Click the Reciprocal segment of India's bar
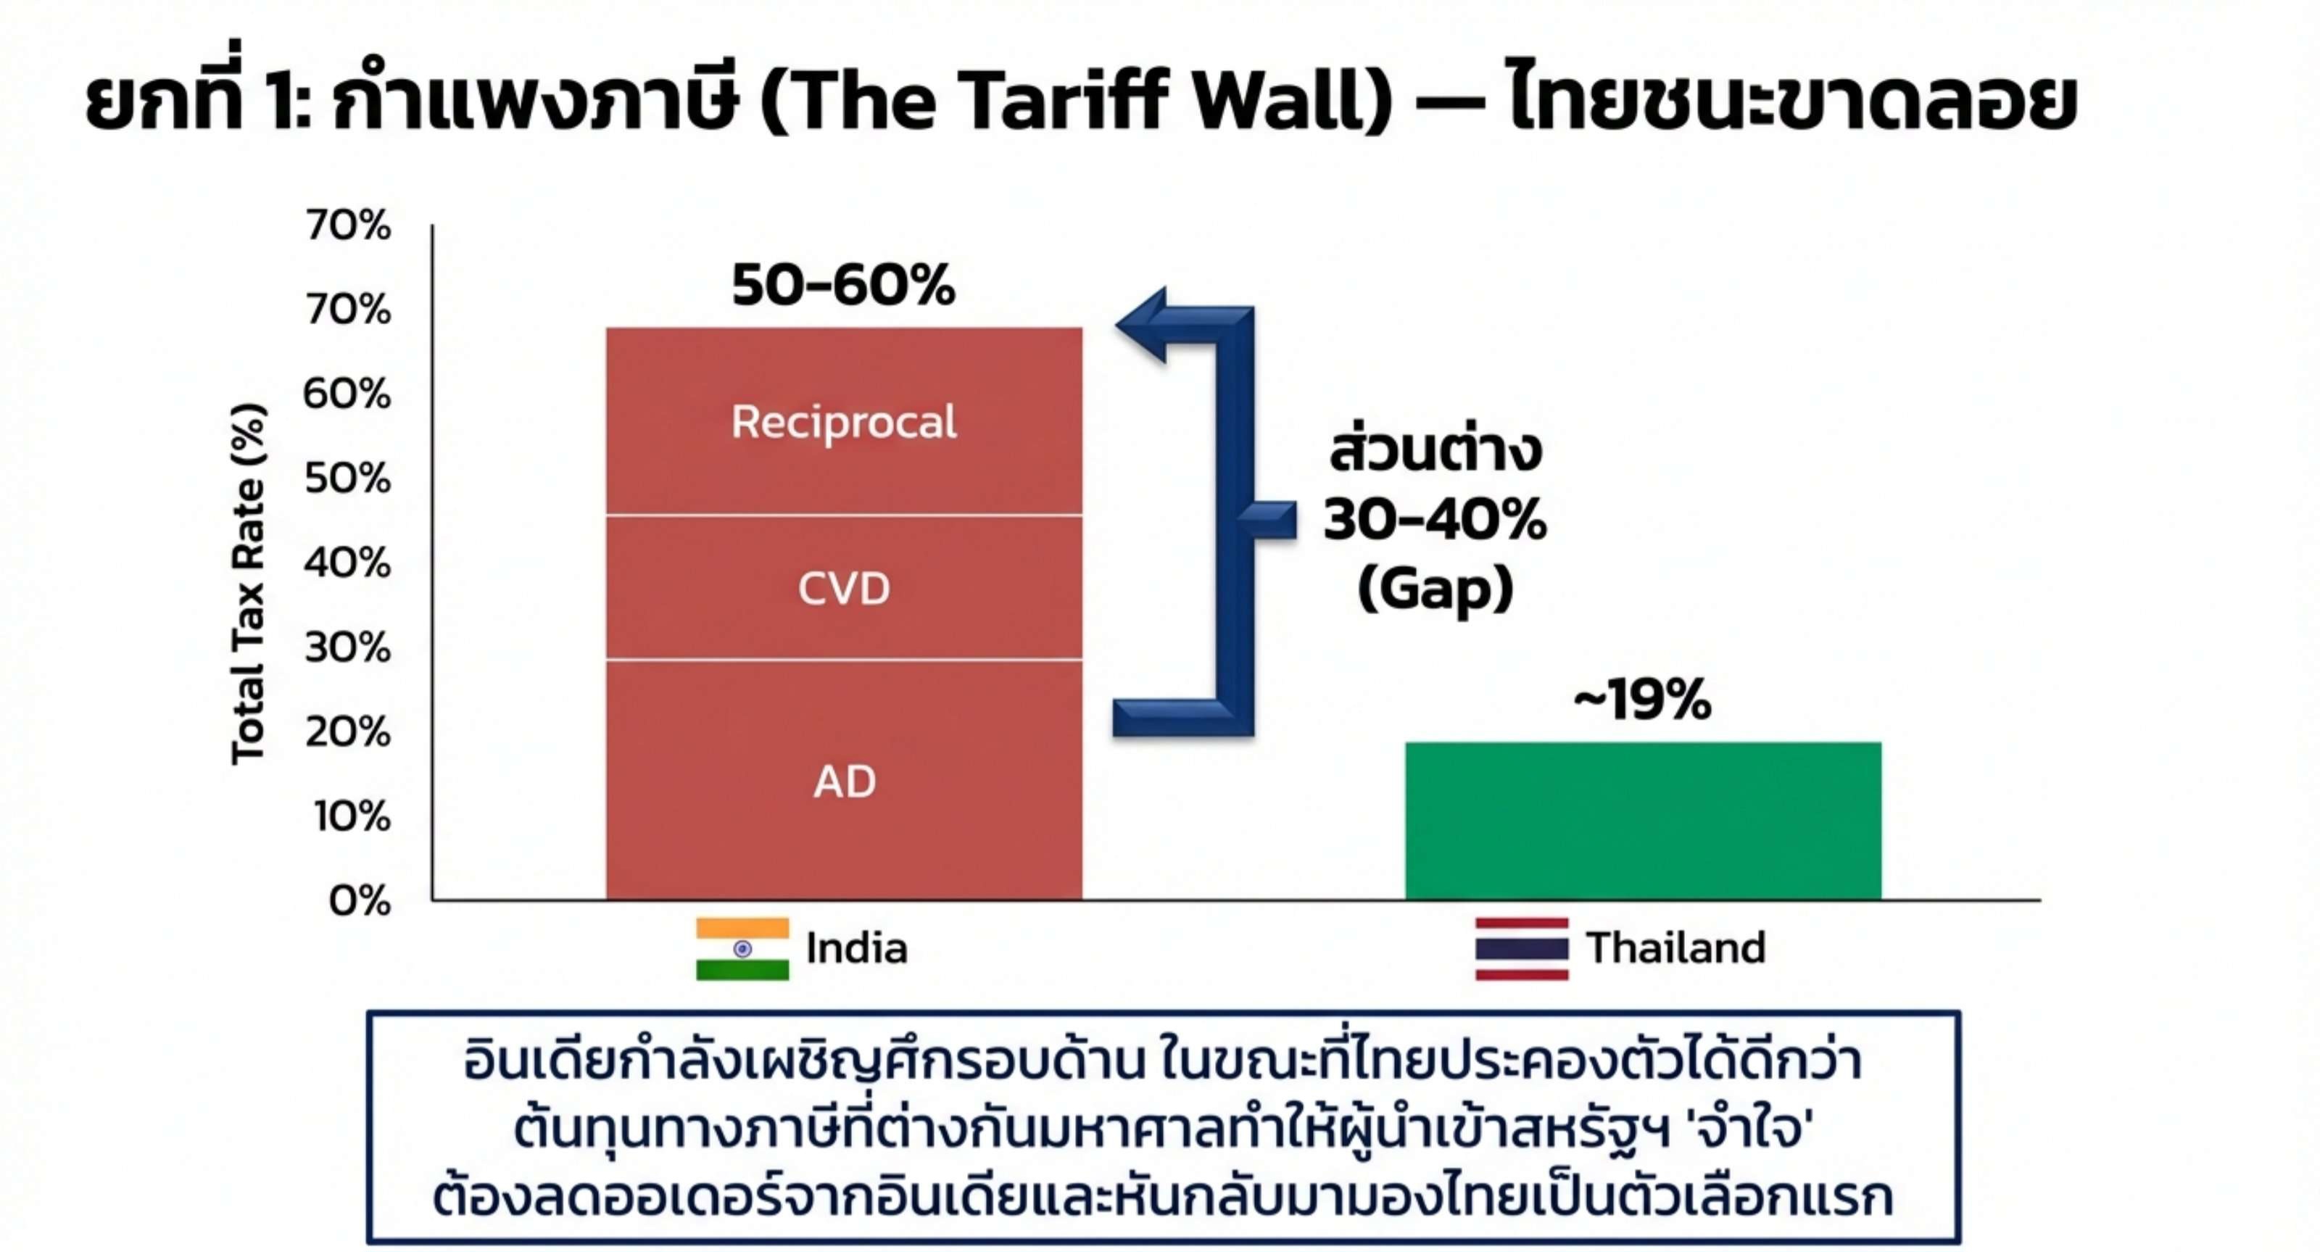click(844, 421)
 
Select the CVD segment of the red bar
click(844, 588)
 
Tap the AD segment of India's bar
click(844, 780)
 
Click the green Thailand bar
click(1643, 821)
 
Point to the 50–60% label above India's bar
click(843, 286)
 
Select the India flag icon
click(742, 948)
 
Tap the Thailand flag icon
click(1522, 948)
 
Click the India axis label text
click(856, 948)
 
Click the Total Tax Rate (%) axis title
click(249, 584)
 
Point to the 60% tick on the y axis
click(347, 394)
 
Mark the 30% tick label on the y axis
click(347, 647)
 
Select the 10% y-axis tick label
click(351, 816)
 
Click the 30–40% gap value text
click(1435, 520)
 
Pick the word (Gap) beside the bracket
click(1435, 590)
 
